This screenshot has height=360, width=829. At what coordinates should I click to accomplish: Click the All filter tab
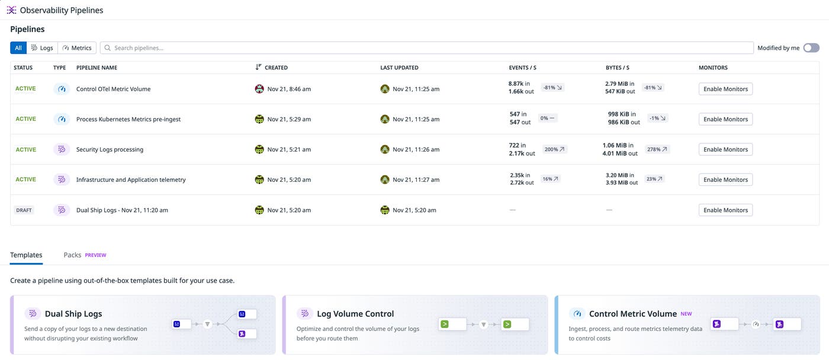18,48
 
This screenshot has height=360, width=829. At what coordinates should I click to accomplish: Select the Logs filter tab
42,48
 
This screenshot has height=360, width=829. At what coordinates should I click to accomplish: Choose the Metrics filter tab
77,48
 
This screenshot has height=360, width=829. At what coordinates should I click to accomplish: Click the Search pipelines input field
426,48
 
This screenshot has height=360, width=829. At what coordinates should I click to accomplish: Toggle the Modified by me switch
811,48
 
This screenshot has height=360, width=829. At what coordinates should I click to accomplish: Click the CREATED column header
276,67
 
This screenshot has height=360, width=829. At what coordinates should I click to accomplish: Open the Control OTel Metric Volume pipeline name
113,89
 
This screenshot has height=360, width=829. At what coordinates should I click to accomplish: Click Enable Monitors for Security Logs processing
725,149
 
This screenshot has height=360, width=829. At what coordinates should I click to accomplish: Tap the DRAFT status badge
24,210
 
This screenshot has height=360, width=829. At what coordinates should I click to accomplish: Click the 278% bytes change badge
657,149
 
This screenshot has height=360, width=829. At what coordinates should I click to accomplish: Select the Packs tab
72,255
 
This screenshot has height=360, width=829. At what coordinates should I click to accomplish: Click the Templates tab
26,255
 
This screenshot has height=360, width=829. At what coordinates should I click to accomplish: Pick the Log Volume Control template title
355,314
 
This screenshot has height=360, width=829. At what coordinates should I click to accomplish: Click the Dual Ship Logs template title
73,314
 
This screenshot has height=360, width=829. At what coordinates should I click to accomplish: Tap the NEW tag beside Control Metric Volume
686,314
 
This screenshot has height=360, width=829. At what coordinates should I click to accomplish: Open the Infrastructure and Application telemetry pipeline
131,179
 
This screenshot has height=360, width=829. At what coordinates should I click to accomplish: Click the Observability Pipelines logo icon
11,10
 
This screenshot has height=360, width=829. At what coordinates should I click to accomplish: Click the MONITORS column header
713,67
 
